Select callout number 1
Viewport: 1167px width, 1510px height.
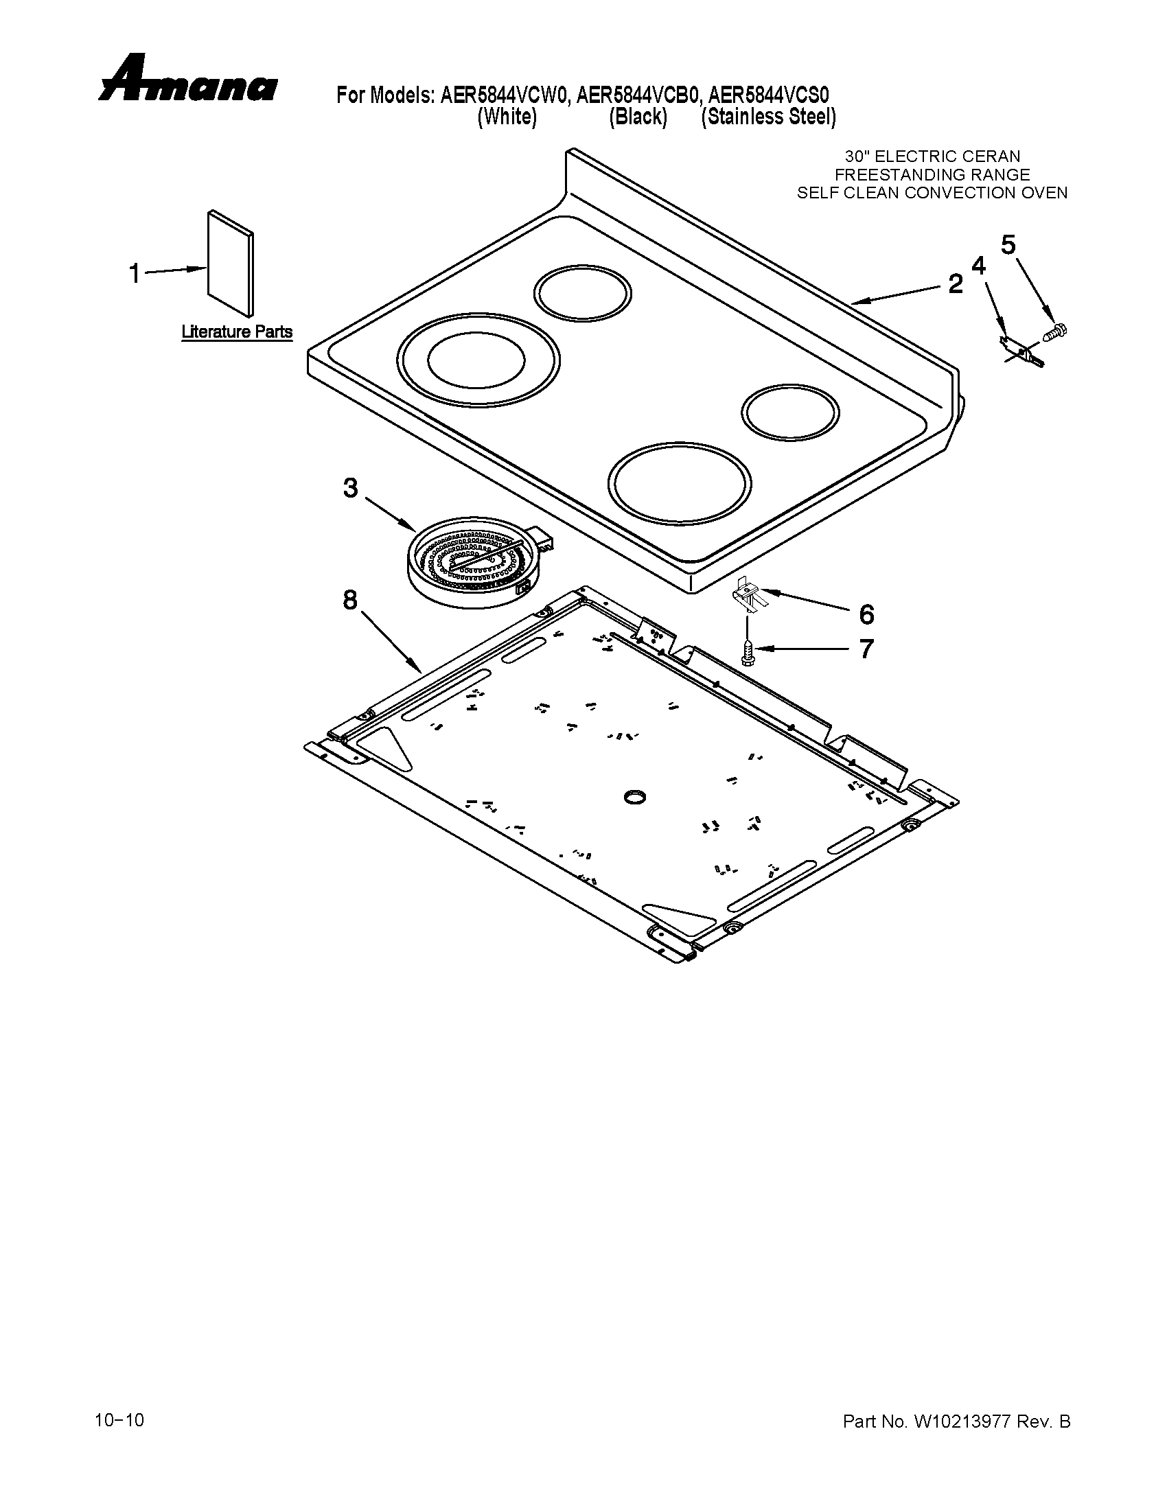[x=135, y=274]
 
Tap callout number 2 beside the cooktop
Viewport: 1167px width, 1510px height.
[x=955, y=283]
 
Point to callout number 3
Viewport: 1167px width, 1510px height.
[x=351, y=489]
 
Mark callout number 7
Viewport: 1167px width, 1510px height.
[x=866, y=649]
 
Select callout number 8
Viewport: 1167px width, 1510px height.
[x=351, y=600]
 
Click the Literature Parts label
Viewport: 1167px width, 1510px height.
[x=236, y=332]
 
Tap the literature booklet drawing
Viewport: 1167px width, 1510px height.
[x=230, y=262]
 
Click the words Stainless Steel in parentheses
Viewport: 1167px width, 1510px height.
[x=768, y=117]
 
